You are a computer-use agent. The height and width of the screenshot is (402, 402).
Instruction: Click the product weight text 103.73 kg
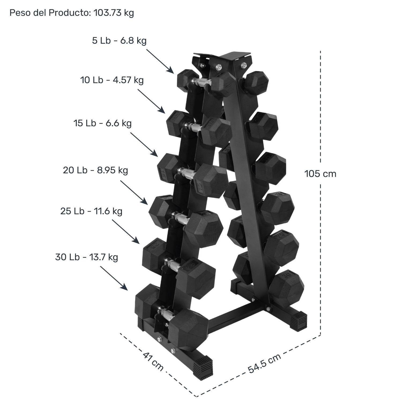(114, 13)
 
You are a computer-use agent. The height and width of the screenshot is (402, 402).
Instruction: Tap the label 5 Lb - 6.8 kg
(119, 41)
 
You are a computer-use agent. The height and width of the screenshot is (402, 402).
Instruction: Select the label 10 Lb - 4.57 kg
(112, 80)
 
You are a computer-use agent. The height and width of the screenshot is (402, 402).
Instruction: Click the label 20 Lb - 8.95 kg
(95, 170)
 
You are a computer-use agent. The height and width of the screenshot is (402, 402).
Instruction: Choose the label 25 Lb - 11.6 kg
(91, 211)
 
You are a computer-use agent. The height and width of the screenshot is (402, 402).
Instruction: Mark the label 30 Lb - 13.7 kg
(87, 257)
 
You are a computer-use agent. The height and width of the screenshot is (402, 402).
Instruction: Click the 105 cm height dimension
(320, 174)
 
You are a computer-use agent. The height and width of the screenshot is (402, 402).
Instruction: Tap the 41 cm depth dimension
(153, 362)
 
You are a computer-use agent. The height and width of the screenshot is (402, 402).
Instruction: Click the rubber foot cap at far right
(298, 320)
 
